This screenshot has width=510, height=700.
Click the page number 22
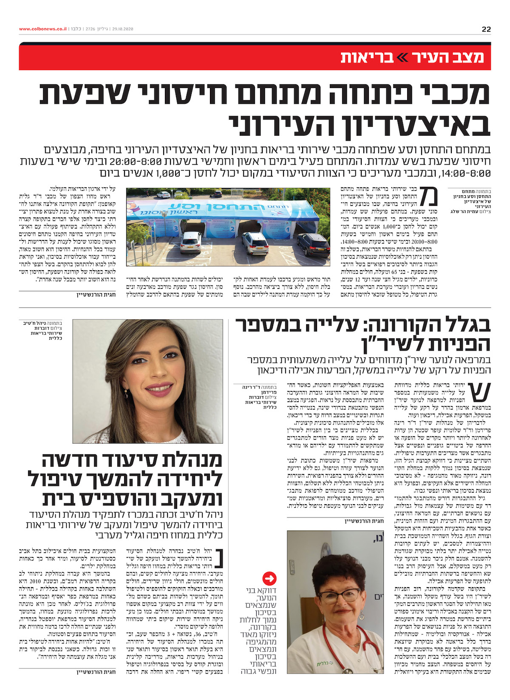pos(486,29)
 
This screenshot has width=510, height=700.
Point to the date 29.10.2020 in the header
pos(123,29)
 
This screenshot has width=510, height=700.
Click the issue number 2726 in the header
pos(90,29)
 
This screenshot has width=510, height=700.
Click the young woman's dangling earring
pos(126,394)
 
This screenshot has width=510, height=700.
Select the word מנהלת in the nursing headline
pos(181,460)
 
